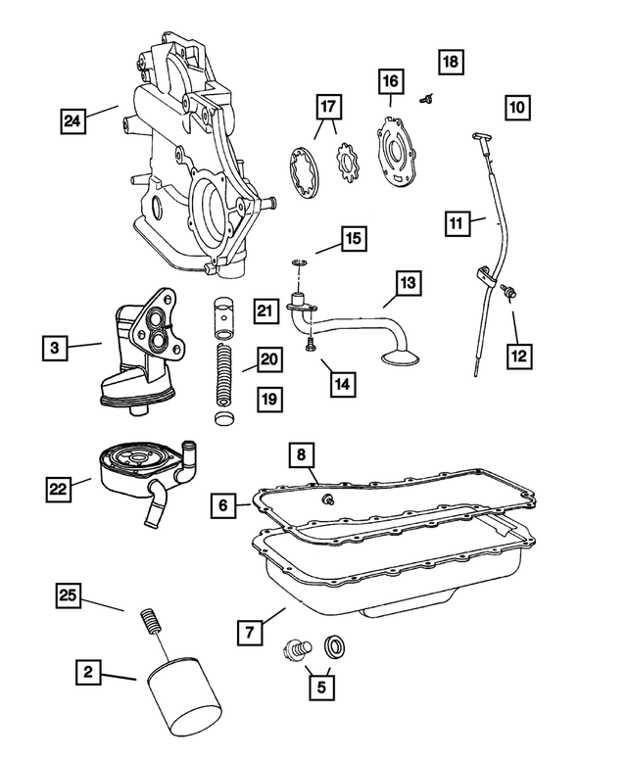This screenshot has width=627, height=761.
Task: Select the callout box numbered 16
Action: click(x=391, y=80)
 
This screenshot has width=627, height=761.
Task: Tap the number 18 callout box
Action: click(x=450, y=61)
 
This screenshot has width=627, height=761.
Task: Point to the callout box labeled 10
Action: click(x=518, y=105)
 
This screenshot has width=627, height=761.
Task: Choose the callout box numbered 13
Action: click(x=408, y=283)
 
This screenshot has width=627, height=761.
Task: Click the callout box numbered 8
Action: click(x=302, y=454)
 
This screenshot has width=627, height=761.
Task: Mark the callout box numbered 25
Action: click(x=69, y=594)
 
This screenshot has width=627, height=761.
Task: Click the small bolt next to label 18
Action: click(x=427, y=97)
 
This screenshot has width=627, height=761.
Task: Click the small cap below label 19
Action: click(x=223, y=422)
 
